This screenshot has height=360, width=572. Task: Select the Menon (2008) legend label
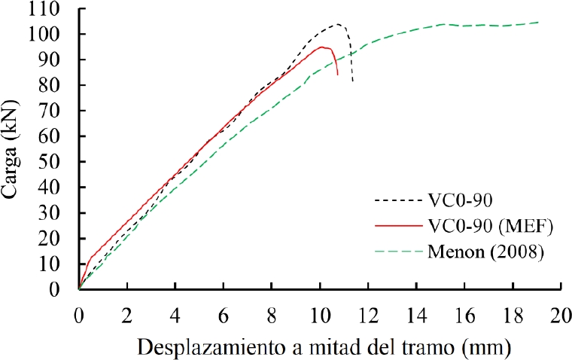click(485, 252)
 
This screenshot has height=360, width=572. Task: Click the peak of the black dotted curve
click(337, 24)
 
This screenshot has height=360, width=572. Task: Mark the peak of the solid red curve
click(322, 47)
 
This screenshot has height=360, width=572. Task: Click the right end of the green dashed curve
click(539, 22)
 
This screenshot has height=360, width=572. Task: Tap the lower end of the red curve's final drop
click(338, 75)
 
